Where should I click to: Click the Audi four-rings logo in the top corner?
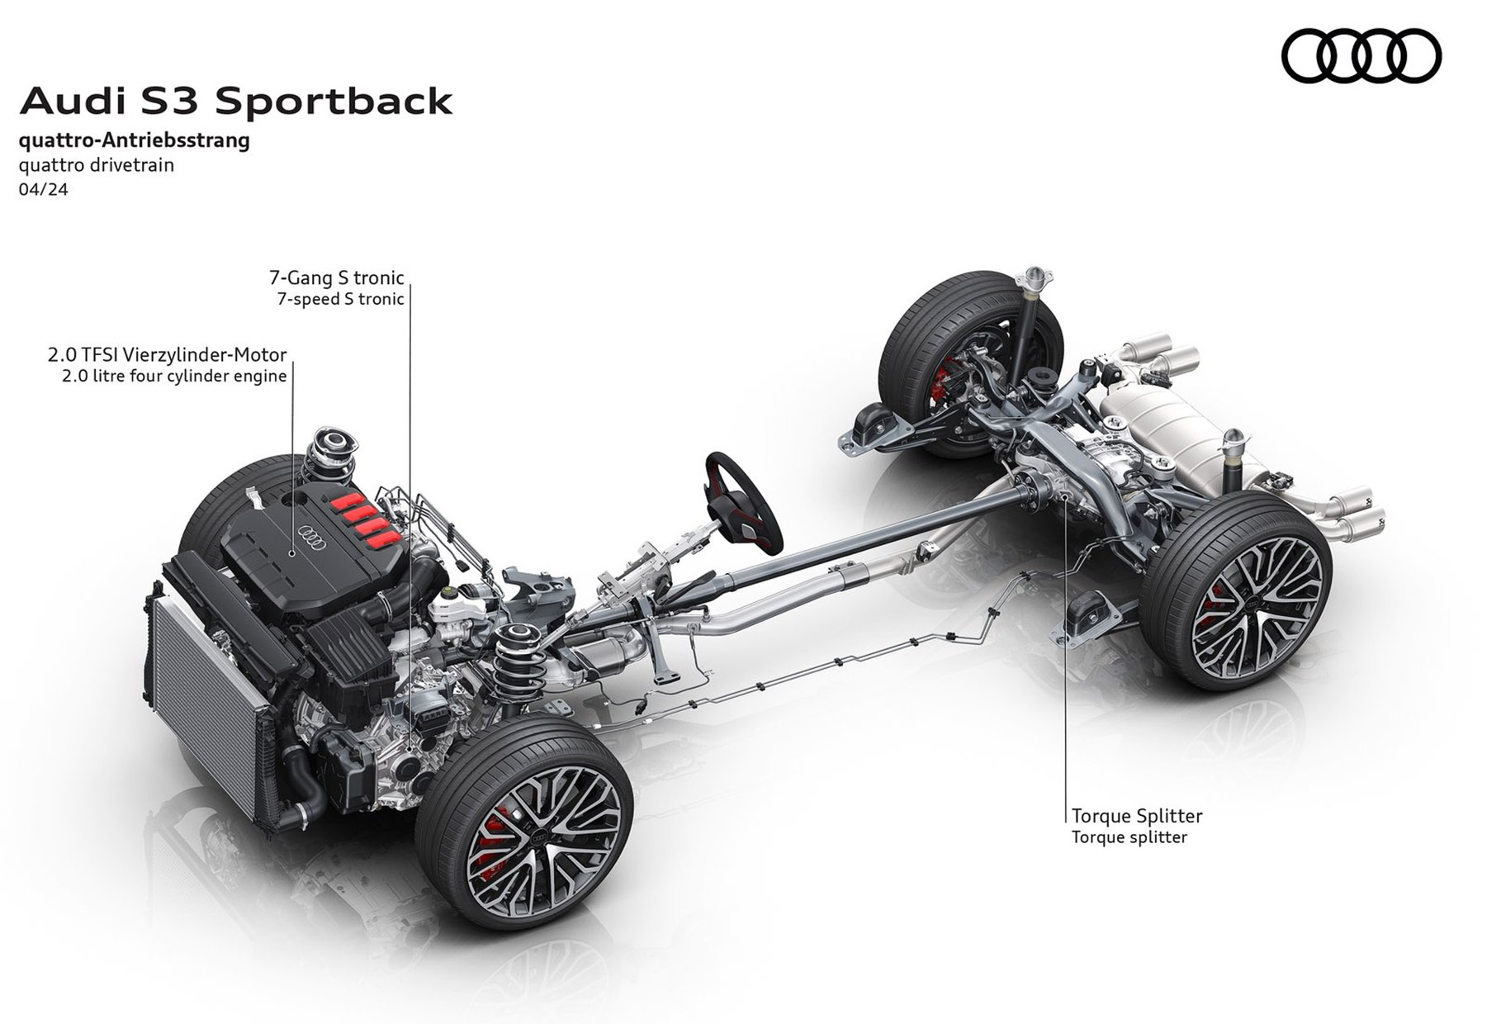point(1361,55)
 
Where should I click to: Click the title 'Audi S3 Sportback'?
point(236,102)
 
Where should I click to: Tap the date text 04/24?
point(43,189)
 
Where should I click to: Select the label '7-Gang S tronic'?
point(337,277)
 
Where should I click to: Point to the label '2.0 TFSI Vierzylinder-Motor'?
point(167,355)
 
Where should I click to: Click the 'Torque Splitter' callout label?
point(1137,816)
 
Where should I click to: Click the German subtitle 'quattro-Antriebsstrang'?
point(135,140)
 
